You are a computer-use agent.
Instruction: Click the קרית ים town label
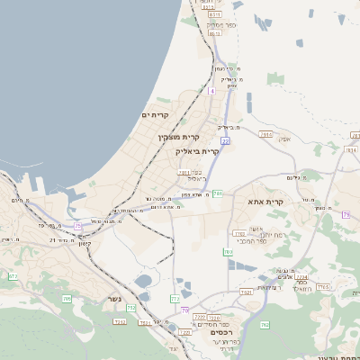pos(155,115)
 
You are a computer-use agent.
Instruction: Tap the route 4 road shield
pos(211,91)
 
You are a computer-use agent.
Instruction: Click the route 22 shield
pos(225,141)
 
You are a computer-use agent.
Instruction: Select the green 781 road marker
pos(218,193)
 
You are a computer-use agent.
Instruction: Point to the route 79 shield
pos(346,214)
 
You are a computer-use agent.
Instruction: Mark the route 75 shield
pos(77,225)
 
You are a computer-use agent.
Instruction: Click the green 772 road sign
pos(175,298)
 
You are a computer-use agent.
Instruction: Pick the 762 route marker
pos(264,324)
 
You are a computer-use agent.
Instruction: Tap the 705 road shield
pos(67,298)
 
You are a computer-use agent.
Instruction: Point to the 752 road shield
pos(131,308)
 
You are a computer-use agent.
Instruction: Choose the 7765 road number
pos(323,286)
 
